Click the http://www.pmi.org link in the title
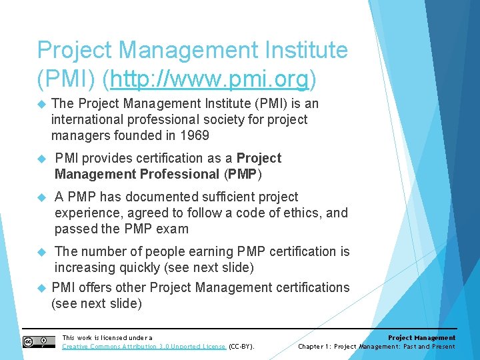coord(209,79)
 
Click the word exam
coord(172,229)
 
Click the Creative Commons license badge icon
coord(39,342)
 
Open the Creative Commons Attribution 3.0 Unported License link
coord(144,347)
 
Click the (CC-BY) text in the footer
coord(242,347)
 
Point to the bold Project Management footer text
coord(421,338)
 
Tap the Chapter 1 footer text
coord(376,347)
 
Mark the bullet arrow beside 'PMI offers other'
coord(39,288)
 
